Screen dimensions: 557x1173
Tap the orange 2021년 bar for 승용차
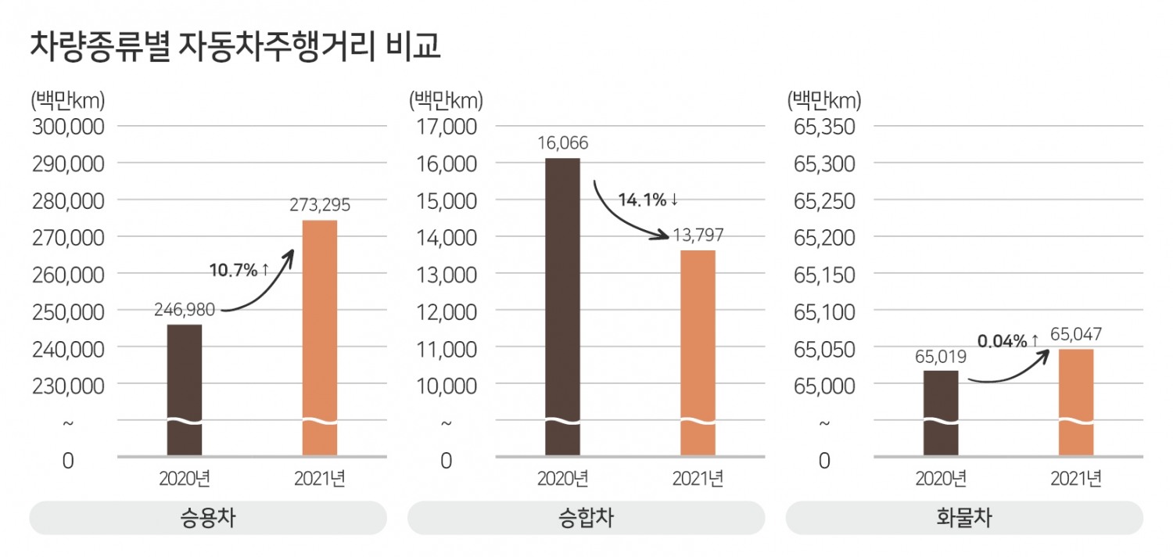(319, 336)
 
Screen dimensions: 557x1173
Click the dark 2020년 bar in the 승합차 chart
(562, 305)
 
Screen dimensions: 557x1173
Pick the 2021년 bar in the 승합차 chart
(698, 352)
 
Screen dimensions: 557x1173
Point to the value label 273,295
(320, 207)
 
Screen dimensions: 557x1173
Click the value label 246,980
(185, 311)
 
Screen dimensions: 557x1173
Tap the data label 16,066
(562, 143)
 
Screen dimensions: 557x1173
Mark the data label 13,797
(698, 235)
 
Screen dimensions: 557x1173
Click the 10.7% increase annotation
(239, 271)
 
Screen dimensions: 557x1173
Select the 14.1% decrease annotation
(648, 200)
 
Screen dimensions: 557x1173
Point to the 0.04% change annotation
(1008, 341)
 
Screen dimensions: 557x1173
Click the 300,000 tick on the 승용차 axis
(68, 127)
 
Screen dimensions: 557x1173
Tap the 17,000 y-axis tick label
(447, 127)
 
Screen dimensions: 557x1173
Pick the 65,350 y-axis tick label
(824, 127)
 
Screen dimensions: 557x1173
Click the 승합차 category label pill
(586, 518)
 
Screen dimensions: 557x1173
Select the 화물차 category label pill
(963, 518)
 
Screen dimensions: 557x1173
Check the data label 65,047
(1076, 335)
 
